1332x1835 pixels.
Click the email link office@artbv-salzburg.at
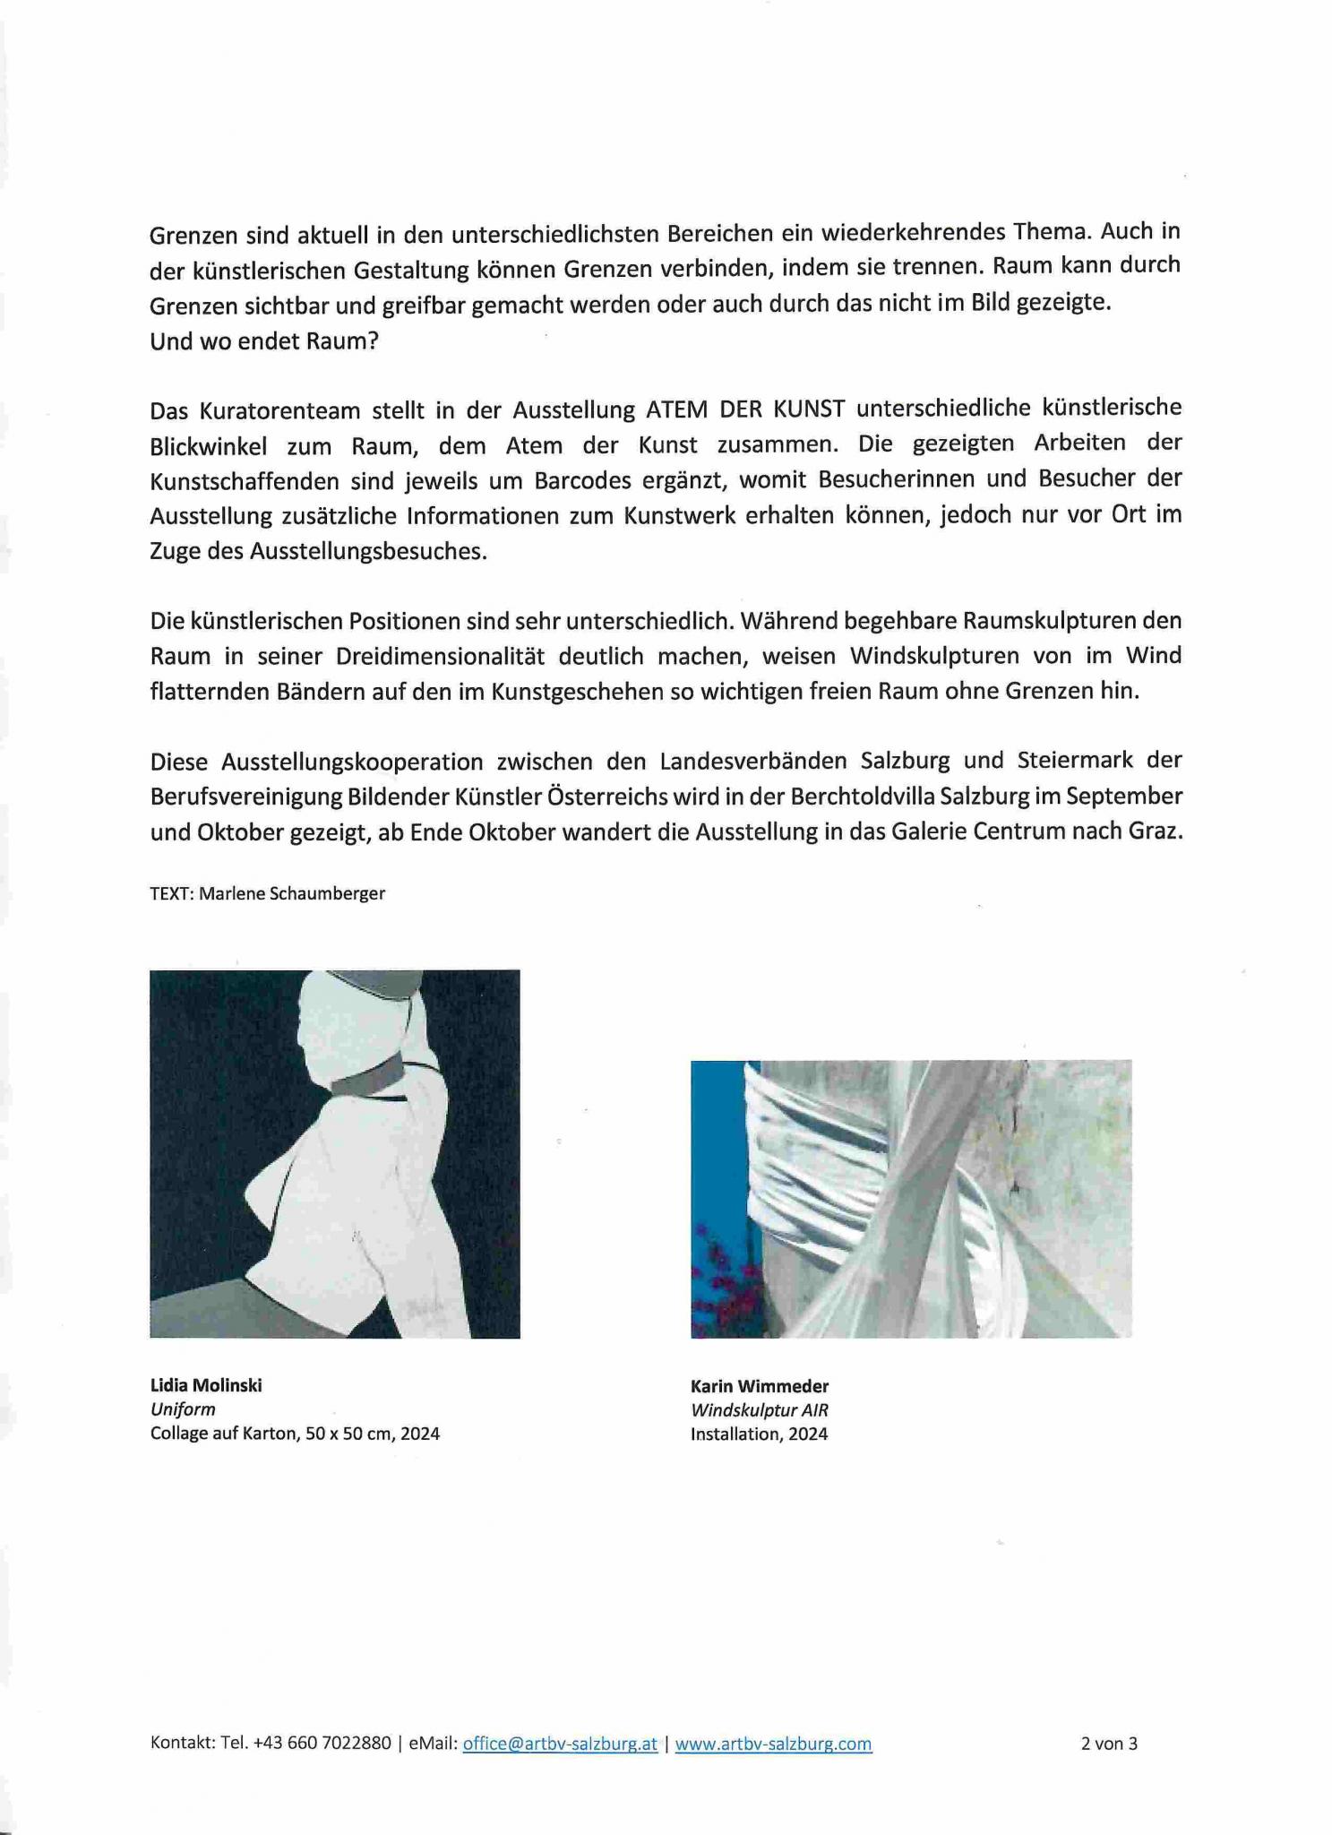560,1744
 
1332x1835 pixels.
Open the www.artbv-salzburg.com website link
773,1744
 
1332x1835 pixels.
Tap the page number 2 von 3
1109,1744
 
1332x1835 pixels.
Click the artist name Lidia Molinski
206,1385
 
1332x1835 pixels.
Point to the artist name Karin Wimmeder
760,1387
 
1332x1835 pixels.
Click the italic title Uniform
183,1409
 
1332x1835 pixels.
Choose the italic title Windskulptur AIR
760,1410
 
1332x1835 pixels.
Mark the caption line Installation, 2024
759,1434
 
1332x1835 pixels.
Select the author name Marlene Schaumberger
292,893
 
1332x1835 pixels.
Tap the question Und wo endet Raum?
264,341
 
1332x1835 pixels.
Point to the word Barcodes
584,480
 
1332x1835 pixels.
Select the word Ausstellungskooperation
352,761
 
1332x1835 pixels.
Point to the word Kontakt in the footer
182,1744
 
